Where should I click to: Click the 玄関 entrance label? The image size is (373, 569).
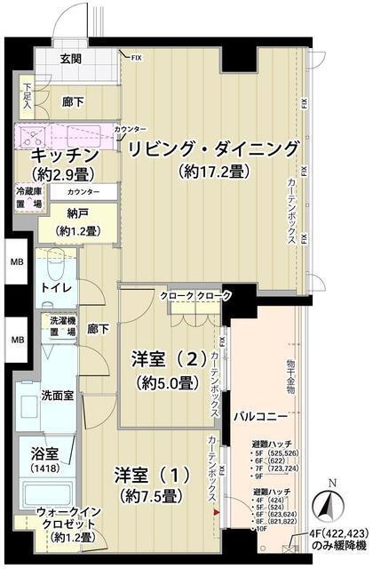pos(71,60)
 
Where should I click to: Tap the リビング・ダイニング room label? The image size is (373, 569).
pos(210,148)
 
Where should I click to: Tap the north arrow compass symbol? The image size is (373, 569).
pos(330,507)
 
